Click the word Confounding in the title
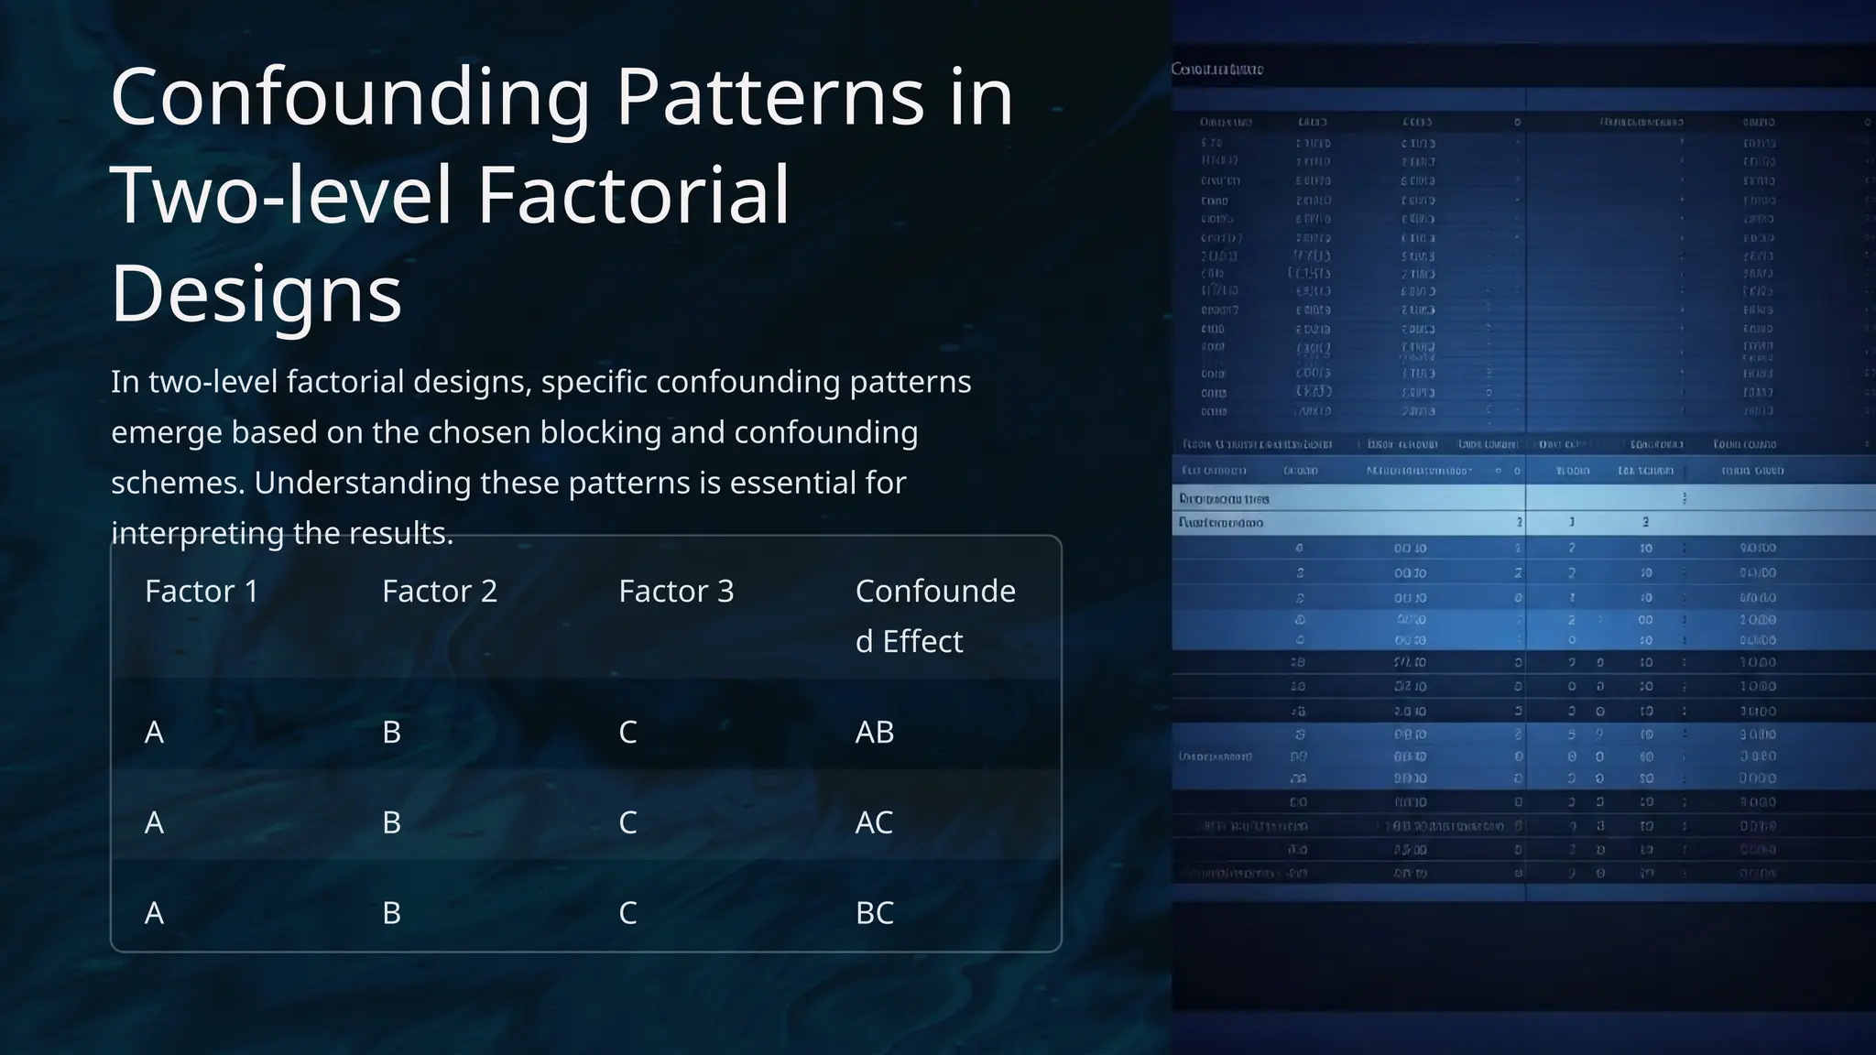pos(350,98)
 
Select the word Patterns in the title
pos(769,98)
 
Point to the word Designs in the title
pos(256,293)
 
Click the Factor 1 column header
pos(202,592)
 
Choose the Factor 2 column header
pos(440,592)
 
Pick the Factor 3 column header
pos(676,592)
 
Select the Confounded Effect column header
pos(934,615)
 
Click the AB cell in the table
pos(874,733)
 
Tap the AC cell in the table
pos(874,822)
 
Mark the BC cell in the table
pos(874,913)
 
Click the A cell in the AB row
pos(154,733)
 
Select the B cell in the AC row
pos(391,822)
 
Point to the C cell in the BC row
pos(627,913)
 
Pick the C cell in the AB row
pos(627,733)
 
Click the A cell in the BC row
pos(154,913)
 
